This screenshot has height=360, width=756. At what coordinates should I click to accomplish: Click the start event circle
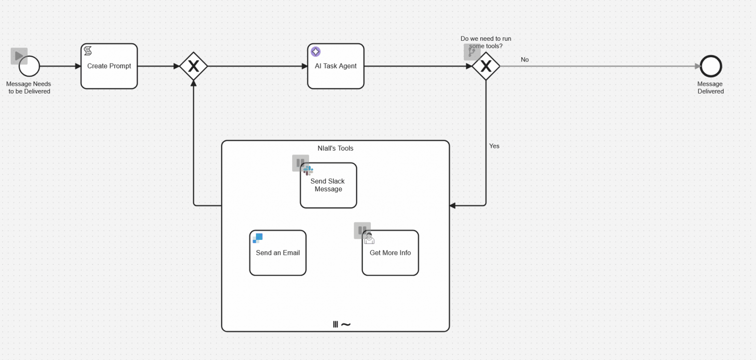click(x=30, y=66)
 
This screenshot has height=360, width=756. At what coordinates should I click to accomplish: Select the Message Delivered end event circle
click(x=710, y=66)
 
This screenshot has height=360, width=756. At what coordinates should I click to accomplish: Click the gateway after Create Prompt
click(x=193, y=66)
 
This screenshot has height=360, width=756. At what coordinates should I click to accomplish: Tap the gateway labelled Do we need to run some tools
click(x=486, y=66)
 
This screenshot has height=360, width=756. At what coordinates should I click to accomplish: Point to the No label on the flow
click(x=524, y=60)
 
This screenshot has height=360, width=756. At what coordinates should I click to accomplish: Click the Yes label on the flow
click(x=494, y=146)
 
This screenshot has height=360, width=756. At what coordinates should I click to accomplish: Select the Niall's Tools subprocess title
click(x=335, y=148)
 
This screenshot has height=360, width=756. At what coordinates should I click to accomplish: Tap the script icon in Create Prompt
click(x=88, y=51)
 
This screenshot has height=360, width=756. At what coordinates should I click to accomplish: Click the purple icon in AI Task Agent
click(x=315, y=51)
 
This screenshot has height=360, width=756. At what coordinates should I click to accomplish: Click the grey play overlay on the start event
click(x=19, y=56)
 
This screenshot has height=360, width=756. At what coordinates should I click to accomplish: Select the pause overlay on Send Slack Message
click(x=300, y=163)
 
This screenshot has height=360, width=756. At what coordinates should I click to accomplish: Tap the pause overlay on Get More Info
click(x=362, y=230)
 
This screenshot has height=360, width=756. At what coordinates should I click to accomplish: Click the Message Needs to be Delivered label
click(x=29, y=88)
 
